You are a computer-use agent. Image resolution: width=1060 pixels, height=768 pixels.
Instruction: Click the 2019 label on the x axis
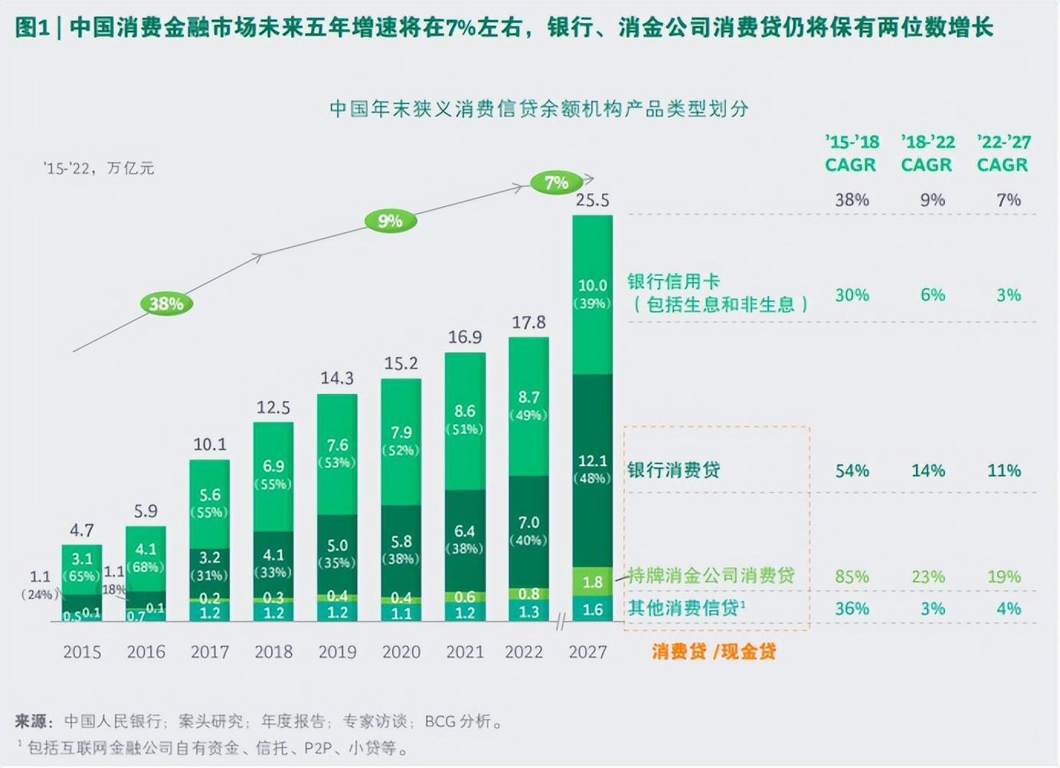[337, 652]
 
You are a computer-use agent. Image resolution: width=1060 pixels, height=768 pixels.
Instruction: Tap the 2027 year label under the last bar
[587, 652]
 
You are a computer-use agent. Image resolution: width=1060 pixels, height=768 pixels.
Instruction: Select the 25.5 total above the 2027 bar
[592, 201]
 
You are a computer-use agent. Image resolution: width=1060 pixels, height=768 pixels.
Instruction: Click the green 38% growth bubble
[166, 304]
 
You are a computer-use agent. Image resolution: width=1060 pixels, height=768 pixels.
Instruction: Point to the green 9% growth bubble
[390, 222]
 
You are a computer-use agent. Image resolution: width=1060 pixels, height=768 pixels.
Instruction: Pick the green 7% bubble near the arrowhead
[556, 183]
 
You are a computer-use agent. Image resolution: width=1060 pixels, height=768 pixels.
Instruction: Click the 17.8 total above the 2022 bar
[528, 323]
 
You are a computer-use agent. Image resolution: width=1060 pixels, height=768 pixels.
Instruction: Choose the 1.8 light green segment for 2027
[592, 583]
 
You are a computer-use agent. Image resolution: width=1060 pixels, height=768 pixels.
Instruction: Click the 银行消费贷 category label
[673, 471]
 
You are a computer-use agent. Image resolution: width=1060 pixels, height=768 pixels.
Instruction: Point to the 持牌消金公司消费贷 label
[712, 576]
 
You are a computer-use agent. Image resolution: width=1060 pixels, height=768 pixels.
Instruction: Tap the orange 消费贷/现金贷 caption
[714, 652]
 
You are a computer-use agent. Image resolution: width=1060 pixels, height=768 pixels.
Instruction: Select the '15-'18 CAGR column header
[851, 153]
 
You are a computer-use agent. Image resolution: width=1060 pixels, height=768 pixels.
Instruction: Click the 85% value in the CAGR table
[852, 577]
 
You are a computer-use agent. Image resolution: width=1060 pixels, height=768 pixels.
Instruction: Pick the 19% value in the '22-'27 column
[1003, 577]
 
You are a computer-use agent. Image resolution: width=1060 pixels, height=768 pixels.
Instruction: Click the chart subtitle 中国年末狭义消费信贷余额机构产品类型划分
[538, 109]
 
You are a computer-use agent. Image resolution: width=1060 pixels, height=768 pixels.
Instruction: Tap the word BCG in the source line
[440, 722]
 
